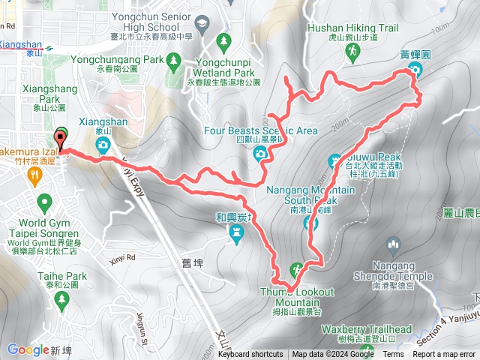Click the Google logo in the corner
pyautogui.click(x=28, y=349)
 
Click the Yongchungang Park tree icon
pyautogui.click(x=173, y=58)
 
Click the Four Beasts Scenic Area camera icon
pyautogui.click(x=260, y=154)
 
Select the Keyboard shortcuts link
pyautogui.click(x=251, y=355)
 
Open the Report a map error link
pyautogui.click(x=445, y=355)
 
